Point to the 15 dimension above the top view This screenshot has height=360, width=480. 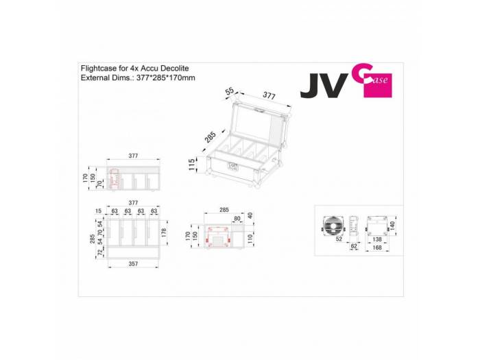click(99, 211)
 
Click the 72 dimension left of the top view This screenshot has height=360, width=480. click(100, 253)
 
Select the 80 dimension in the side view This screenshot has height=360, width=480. click(237, 219)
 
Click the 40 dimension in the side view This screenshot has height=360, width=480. click(251, 215)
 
